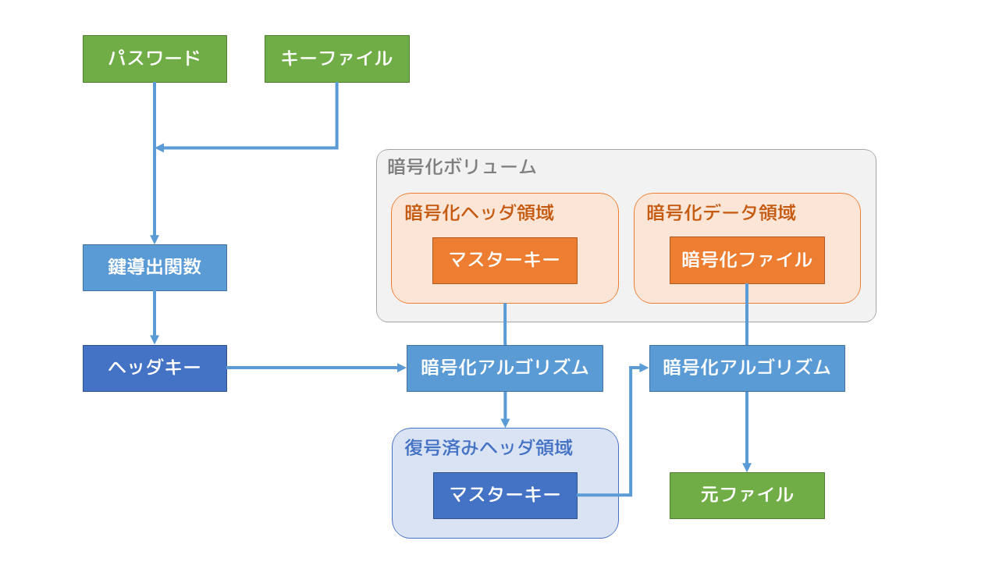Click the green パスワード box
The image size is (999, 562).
(x=155, y=59)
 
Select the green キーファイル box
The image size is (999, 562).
(x=336, y=59)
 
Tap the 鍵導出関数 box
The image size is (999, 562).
(x=155, y=267)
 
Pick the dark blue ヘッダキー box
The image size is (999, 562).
(x=155, y=368)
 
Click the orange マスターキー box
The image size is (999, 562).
(x=505, y=260)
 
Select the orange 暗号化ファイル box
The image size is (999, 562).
(x=747, y=260)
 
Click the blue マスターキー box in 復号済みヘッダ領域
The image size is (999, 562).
(x=505, y=495)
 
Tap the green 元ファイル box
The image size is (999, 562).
(x=747, y=495)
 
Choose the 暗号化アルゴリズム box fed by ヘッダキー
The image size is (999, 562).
(x=505, y=368)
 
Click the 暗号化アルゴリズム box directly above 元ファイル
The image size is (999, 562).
(x=747, y=368)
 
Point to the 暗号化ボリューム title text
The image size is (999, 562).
(x=462, y=166)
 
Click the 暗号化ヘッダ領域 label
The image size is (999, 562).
(x=479, y=212)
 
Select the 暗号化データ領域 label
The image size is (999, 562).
(x=721, y=212)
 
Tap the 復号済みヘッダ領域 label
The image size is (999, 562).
(x=489, y=447)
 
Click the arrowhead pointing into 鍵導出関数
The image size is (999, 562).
(x=155, y=240)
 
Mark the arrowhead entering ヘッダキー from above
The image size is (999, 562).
(x=155, y=340)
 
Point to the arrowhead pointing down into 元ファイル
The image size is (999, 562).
(x=747, y=467)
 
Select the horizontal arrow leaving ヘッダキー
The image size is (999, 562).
(x=312, y=368)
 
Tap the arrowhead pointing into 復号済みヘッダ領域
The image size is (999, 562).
(x=505, y=422)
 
